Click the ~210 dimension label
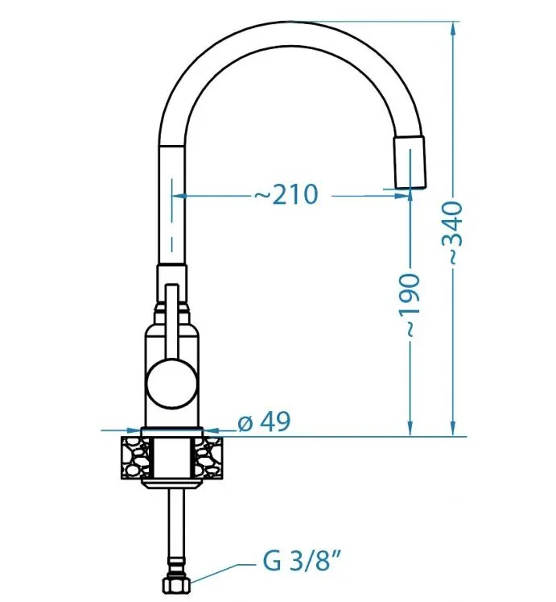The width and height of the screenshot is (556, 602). click(x=286, y=195)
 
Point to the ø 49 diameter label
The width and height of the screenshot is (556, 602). click(x=264, y=421)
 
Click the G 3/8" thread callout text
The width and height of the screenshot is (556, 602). click(x=302, y=561)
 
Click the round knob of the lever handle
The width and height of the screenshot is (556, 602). click(x=171, y=383)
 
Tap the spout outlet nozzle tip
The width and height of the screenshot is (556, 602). click(x=410, y=162)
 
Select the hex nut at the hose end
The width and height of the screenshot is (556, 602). click(x=176, y=586)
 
